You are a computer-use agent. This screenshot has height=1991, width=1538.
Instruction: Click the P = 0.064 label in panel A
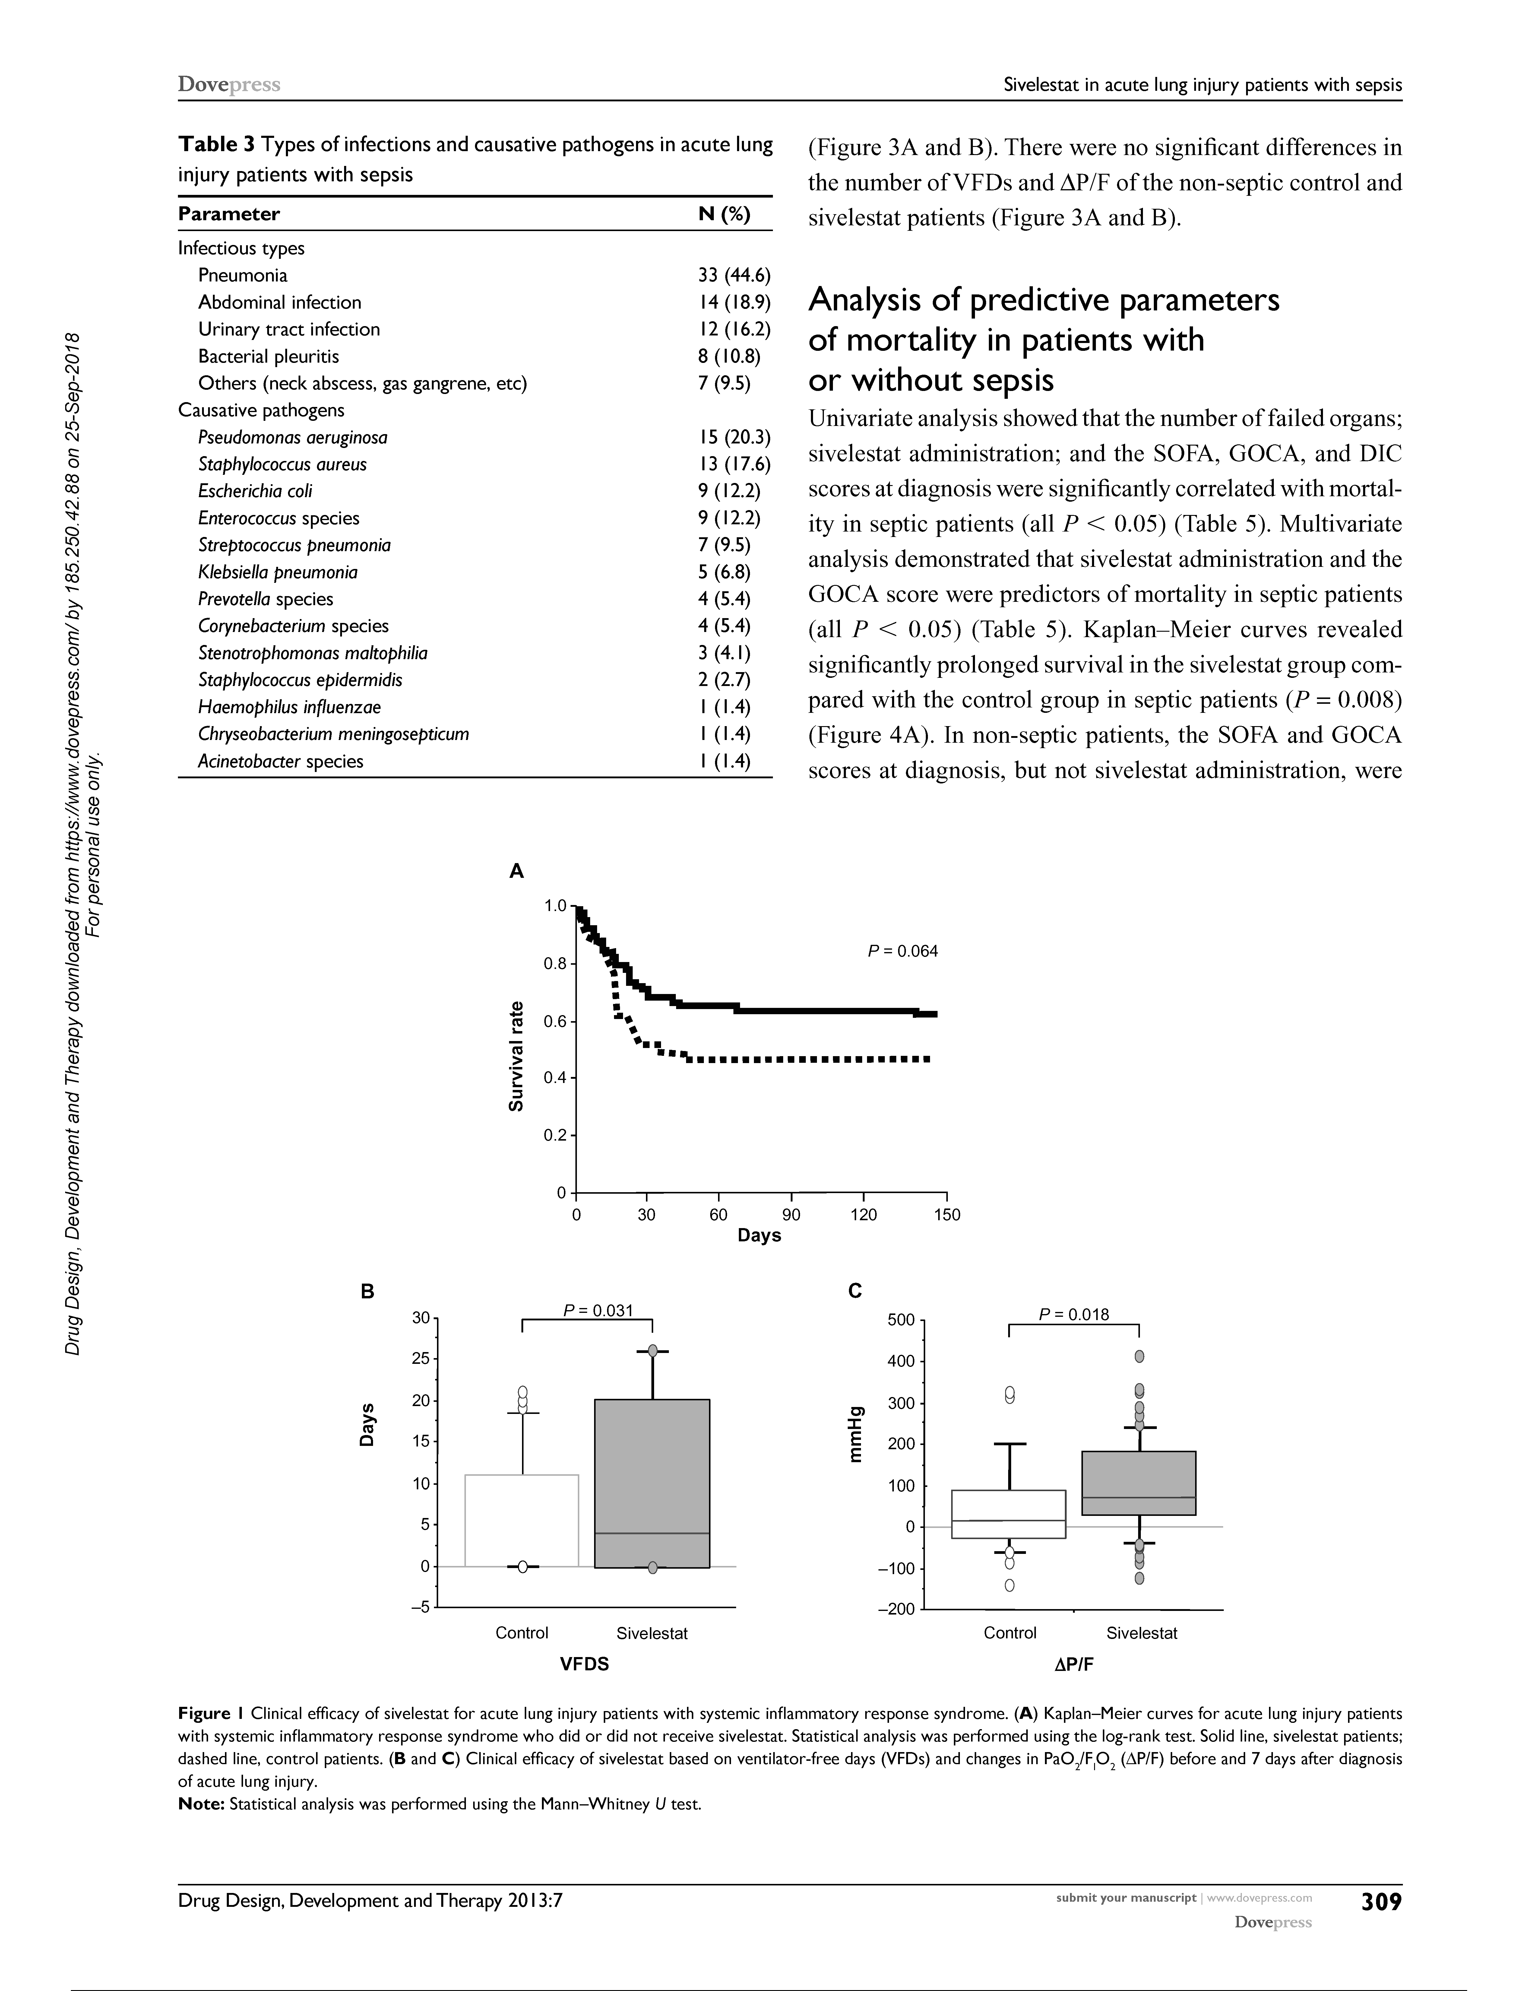(902, 951)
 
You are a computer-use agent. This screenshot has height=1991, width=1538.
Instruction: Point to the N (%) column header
(724, 214)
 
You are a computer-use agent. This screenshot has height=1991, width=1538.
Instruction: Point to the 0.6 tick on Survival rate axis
(555, 1022)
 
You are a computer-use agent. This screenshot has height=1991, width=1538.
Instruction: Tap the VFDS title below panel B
(584, 1664)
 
